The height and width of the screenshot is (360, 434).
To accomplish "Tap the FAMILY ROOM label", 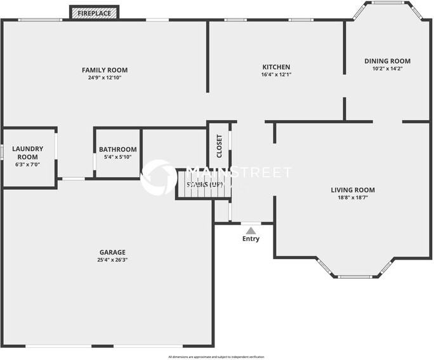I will point(105,70).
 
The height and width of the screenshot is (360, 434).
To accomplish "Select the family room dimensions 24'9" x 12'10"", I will point(105,77).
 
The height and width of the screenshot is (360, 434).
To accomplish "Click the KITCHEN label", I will point(276,67).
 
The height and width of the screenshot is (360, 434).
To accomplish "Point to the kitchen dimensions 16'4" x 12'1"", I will point(276,74).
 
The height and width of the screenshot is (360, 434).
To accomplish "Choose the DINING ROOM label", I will point(387,61).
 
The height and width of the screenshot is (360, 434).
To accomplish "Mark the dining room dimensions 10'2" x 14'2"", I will point(387,69).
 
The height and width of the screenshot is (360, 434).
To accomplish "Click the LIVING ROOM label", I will point(353,190).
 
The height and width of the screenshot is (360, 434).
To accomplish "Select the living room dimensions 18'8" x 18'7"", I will point(353,197).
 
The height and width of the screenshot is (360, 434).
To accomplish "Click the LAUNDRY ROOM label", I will point(27,152).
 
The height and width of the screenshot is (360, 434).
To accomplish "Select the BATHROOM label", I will point(117,150).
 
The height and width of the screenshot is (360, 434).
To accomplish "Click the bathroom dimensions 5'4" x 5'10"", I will point(117,157).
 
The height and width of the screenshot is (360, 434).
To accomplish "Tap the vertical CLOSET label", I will point(220,146).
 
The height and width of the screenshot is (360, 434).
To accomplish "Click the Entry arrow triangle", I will point(251,230).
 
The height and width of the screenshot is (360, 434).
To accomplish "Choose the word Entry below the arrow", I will point(251,239).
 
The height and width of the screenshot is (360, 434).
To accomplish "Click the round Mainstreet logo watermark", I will point(159,177).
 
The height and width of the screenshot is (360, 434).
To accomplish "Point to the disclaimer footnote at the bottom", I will point(216,357).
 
